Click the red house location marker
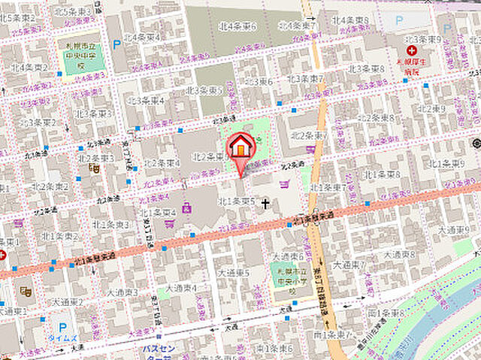[x=240, y=145]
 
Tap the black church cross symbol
[x=265, y=203]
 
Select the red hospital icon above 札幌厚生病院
[x=411, y=50]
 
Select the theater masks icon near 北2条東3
[x=95, y=169]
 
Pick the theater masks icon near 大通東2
[x=25, y=290]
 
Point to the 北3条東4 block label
[x=146, y=100]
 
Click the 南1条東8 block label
[x=386, y=313]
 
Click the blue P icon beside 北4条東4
[x=116, y=44]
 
